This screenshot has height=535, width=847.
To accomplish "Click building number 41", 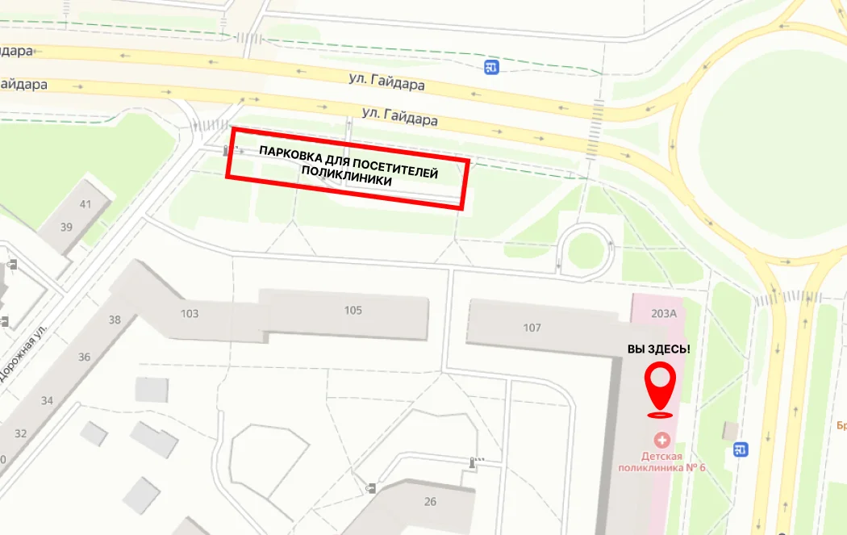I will pyautogui.click(x=85, y=204).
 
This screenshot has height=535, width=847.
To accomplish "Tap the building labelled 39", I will pyautogui.click(x=66, y=228).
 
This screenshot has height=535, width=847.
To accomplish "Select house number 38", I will pyautogui.click(x=115, y=320).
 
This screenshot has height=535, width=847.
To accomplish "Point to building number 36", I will pyautogui.click(x=85, y=357).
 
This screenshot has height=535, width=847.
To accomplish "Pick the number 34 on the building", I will pyautogui.click(x=47, y=401).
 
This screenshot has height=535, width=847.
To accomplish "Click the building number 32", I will pyautogui.click(x=20, y=433).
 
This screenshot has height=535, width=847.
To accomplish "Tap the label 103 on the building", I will pyautogui.click(x=190, y=313).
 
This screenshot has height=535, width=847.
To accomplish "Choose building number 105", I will pyautogui.click(x=353, y=311).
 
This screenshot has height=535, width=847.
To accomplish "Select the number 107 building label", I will pyautogui.click(x=532, y=328).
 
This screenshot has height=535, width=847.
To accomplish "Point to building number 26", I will pyautogui.click(x=430, y=502).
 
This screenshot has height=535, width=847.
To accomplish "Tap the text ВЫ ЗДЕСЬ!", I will pyautogui.click(x=659, y=349).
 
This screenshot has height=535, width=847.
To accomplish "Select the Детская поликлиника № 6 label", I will pyautogui.click(x=662, y=462).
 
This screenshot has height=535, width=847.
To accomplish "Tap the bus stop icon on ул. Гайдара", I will pyautogui.click(x=491, y=68).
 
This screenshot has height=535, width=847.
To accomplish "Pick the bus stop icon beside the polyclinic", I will pyautogui.click(x=741, y=449).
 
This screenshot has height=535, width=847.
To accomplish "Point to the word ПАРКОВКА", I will pyautogui.click(x=290, y=153).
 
